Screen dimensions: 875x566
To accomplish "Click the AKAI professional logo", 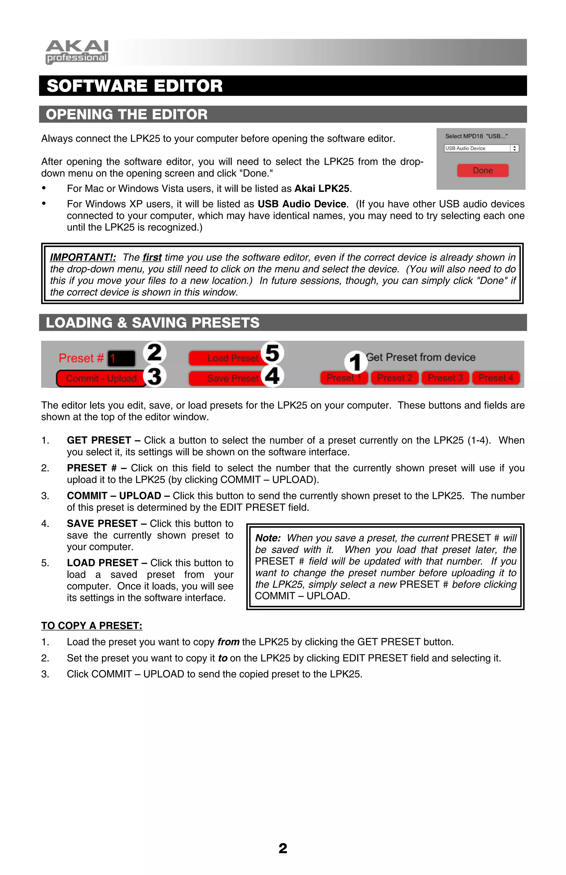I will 77,52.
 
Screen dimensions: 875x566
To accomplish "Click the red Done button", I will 482,171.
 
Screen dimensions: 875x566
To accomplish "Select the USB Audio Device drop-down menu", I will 481,148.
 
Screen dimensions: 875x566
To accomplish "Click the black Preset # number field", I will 121,358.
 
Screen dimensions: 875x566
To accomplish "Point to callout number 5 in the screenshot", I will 272,353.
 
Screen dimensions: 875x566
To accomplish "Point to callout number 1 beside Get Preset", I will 355,362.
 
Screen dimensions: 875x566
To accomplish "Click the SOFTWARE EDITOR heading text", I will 134,86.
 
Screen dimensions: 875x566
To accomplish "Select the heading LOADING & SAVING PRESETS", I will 153,323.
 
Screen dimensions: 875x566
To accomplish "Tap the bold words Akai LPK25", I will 322,189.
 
